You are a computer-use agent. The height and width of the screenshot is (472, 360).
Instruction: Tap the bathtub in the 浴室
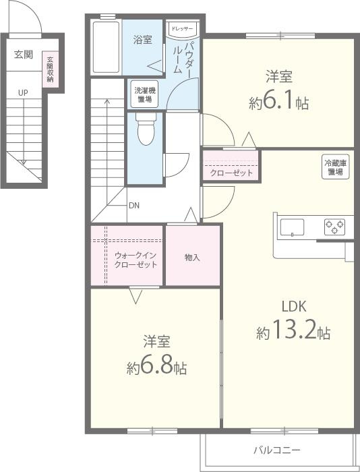click(106, 47)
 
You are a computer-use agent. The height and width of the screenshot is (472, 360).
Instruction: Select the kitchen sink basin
click(292, 227)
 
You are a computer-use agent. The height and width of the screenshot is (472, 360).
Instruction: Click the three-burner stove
click(334, 227)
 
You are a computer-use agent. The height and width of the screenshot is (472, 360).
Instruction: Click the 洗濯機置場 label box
click(145, 94)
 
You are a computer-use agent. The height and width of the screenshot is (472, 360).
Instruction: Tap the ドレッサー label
click(182, 29)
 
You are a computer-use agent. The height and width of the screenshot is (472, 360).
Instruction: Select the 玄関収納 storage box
click(50, 69)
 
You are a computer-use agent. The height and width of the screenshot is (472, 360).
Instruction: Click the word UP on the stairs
click(23, 93)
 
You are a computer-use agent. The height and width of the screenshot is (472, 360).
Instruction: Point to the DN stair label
click(134, 206)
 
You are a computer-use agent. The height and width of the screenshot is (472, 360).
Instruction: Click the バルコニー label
click(276, 450)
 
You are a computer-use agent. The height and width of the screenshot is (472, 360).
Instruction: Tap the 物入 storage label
click(192, 258)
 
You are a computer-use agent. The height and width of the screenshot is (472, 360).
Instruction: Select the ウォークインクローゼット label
click(136, 260)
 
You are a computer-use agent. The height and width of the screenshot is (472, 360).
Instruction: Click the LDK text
click(294, 306)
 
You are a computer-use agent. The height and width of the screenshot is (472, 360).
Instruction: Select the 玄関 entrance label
click(24, 55)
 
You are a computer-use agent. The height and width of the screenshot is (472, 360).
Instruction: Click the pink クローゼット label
click(231, 173)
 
